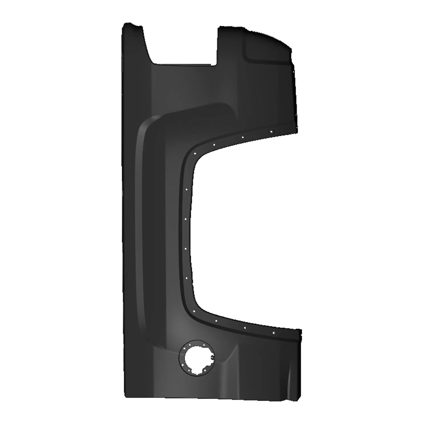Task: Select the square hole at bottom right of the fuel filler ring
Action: coord(205,370)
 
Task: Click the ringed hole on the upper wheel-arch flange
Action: coord(271,132)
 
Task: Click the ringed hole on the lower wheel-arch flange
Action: coord(273,333)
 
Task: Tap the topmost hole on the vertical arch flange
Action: coord(186,189)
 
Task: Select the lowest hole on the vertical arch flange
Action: coord(186,277)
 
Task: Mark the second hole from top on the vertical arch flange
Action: coord(186,219)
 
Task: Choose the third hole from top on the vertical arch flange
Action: coord(185,249)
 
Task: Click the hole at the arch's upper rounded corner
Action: coord(194,153)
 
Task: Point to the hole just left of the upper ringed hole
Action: coord(242,137)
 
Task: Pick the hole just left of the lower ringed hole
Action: coord(245,327)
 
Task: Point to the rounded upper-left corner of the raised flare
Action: coord(146,123)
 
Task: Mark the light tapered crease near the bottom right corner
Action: coord(289,380)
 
